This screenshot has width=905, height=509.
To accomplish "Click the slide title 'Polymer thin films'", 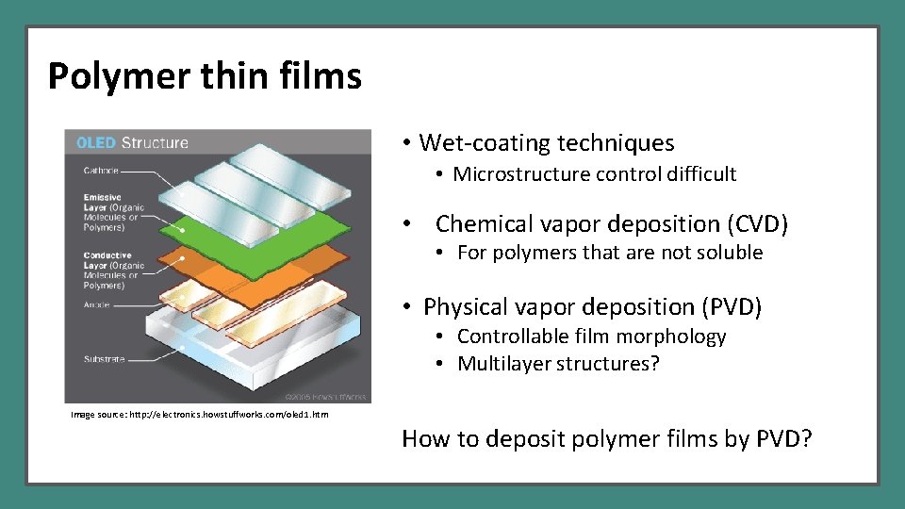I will coord(205,76).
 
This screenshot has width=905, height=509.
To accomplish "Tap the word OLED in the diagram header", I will coord(96,143).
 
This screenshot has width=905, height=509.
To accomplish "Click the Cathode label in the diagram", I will coord(101,171).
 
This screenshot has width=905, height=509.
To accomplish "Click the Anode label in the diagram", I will coord(96,304).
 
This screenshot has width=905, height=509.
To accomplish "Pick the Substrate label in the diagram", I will coord(103,359).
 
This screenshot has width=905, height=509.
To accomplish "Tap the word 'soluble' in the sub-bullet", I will coord(731,253).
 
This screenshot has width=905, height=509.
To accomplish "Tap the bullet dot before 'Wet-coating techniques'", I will coord(405,143).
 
